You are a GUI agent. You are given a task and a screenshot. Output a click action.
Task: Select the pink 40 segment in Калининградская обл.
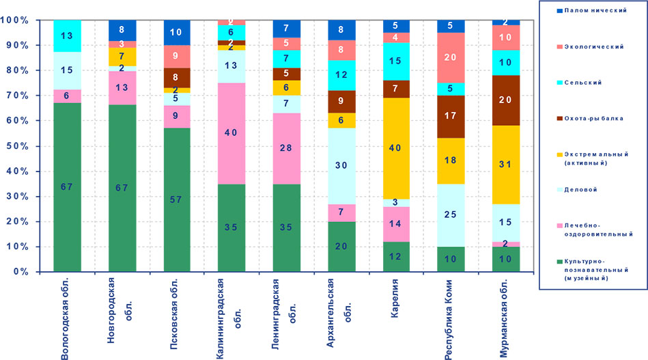click(231, 133)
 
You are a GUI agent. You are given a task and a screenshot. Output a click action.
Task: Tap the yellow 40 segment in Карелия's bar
click(395, 148)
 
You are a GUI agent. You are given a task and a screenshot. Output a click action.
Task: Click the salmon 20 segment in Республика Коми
click(450, 57)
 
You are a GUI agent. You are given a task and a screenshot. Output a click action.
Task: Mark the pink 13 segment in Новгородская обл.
click(122, 87)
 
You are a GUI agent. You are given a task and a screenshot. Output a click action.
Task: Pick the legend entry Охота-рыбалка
click(588, 118)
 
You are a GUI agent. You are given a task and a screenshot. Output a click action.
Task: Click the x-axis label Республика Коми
click(451, 317)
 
